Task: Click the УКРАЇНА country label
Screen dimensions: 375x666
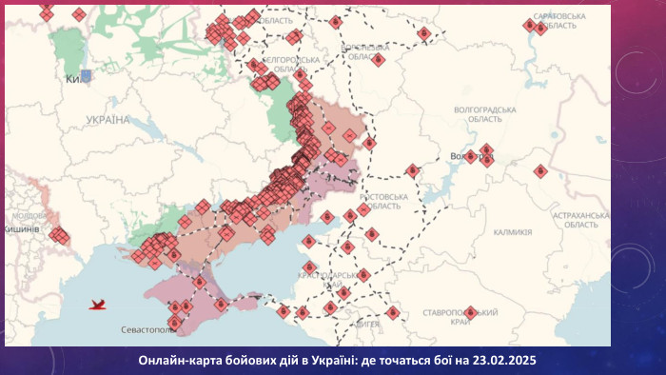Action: [x=108, y=120]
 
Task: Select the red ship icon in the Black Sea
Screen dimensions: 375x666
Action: [x=97, y=305]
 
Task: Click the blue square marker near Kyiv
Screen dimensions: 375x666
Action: [x=87, y=74]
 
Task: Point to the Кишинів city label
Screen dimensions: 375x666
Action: [x=22, y=229]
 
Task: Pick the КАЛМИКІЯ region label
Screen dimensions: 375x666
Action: [x=513, y=232]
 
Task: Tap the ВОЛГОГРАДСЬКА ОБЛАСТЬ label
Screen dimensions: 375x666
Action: [x=485, y=114]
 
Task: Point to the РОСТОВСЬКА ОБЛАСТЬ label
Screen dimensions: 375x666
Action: [x=386, y=201]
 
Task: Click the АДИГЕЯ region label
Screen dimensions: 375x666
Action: [x=365, y=325]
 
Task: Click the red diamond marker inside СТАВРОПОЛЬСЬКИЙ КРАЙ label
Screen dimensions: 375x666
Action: [x=470, y=312]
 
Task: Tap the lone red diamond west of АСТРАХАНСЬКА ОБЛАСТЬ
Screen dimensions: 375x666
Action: [x=540, y=170]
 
